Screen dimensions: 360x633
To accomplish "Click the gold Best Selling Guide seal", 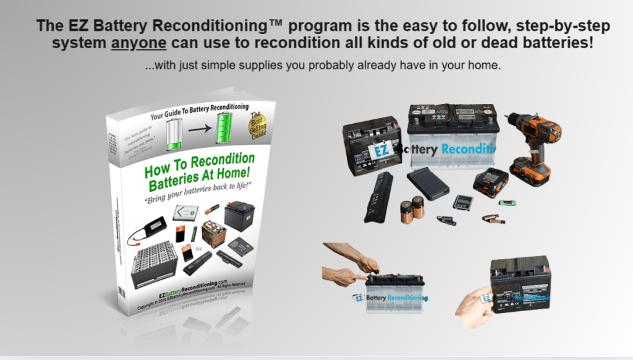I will tap(257, 126).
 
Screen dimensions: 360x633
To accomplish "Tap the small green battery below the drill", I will tap(508, 202).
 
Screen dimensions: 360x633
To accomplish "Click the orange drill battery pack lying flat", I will tap(491, 181).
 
